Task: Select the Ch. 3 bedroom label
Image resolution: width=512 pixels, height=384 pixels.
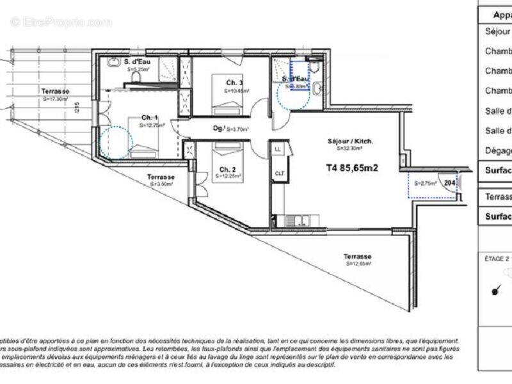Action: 234,83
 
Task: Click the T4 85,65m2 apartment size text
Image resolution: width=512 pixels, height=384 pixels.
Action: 352,169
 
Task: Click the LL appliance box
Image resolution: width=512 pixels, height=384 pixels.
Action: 278,149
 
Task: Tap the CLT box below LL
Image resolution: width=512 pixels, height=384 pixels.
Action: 279,173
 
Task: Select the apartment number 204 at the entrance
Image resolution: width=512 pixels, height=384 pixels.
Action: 450,183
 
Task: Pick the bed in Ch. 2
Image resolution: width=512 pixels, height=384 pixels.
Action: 227,151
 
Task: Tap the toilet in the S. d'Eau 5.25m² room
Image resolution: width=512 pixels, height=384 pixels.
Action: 135,77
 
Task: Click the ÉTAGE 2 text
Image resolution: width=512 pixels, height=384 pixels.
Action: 496,259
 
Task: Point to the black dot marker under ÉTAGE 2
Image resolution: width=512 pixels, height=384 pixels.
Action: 495,292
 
